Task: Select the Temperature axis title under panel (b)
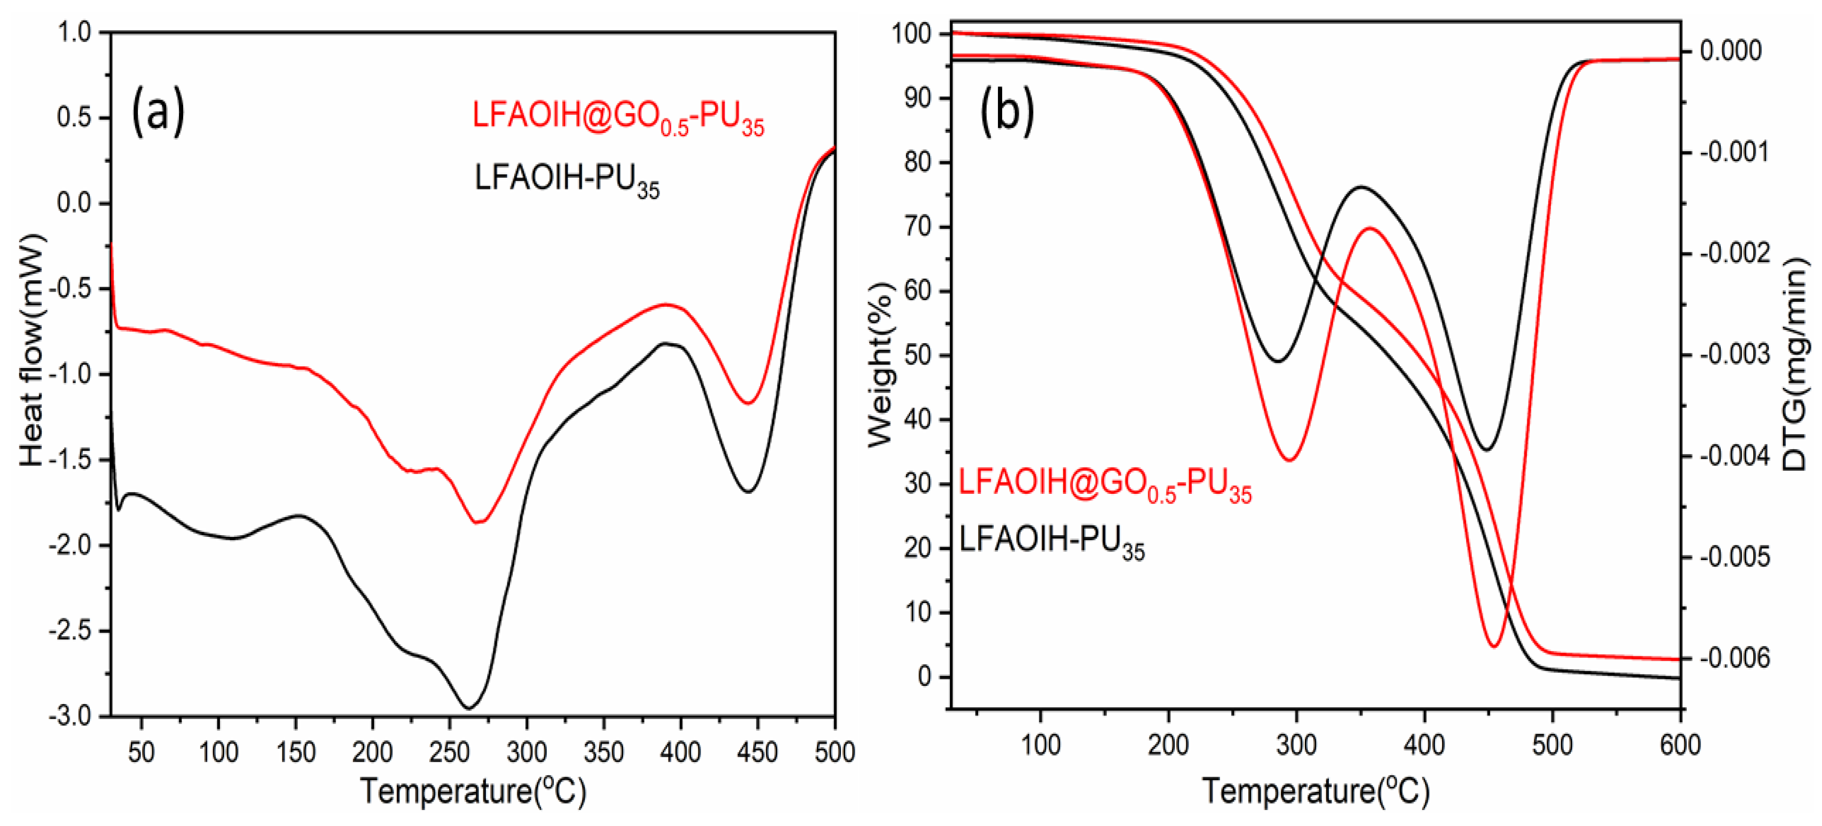coord(1315,790)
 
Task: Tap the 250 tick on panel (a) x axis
coord(449,751)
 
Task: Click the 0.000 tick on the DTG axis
coord(1730,51)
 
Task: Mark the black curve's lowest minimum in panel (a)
coord(468,707)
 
